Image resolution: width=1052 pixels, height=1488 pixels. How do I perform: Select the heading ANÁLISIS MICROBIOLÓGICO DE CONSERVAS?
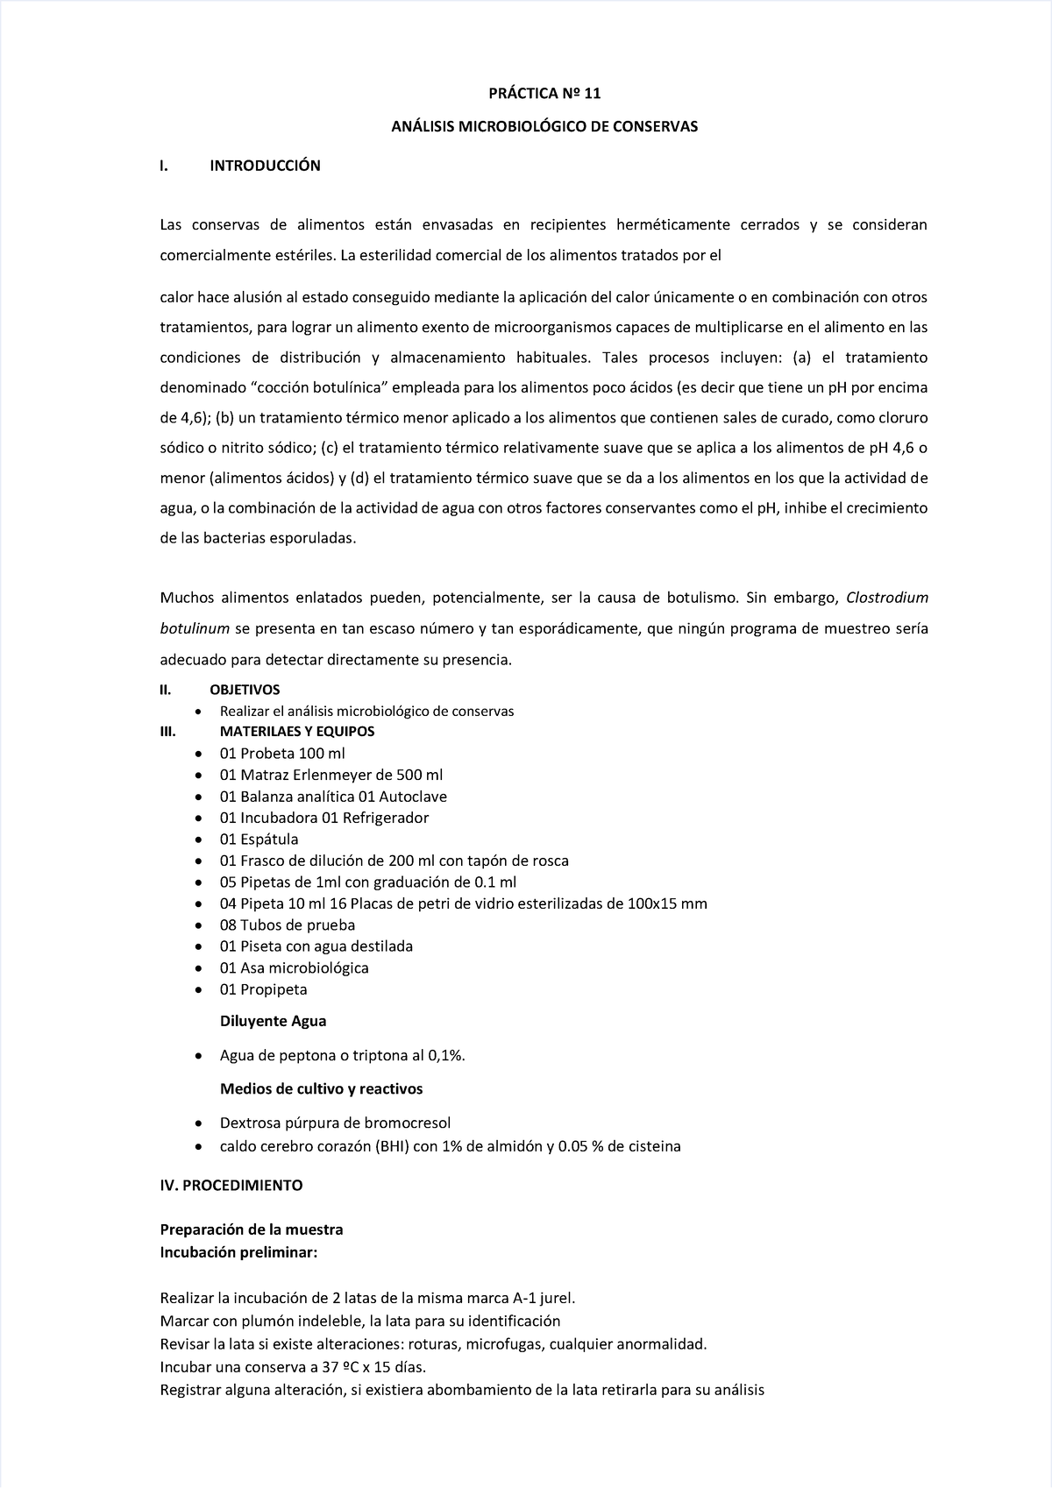click(x=544, y=126)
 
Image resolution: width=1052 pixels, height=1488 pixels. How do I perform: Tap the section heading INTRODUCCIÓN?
click(x=265, y=166)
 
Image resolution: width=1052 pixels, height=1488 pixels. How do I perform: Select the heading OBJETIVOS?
click(x=245, y=690)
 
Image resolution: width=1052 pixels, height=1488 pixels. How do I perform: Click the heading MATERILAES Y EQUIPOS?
click(x=297, y=731)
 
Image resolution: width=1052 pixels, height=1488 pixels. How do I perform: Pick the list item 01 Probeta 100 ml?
click(x=282, y=754)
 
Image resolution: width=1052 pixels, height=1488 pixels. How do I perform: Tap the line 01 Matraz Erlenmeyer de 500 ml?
click(x=331, y=775)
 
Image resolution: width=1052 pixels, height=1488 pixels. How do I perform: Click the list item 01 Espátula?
click(x=259, y=839)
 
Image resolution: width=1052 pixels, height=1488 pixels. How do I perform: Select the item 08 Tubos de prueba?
click(x=287, y=925)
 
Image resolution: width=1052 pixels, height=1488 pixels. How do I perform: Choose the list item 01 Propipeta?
click(x=263, y=989)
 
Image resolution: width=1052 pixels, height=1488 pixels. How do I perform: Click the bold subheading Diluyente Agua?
click(x=273, y=1021)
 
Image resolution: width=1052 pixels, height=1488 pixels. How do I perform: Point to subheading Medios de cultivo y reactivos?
click(x=321, y=1089)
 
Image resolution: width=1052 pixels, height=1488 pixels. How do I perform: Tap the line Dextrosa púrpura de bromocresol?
click(x=335, y=1123)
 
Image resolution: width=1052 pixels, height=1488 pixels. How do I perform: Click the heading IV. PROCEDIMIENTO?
click(x=231, y=1185)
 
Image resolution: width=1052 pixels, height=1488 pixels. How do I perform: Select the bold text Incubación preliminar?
click(x=238, y=1252)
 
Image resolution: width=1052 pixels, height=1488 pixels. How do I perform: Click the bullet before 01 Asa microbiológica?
click(x=200, y=968)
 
